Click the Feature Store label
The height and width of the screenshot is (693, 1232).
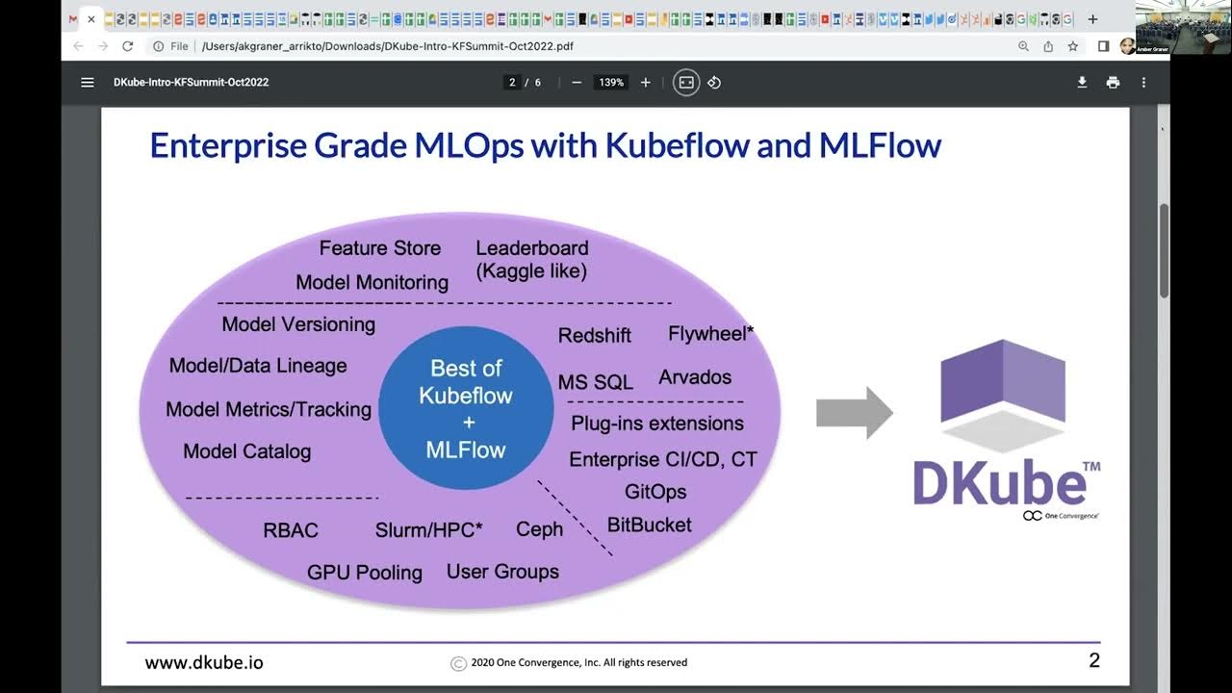(379, 248)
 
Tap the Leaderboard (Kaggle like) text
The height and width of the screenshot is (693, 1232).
(531, 260)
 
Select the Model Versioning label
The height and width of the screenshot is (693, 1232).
(298, 324)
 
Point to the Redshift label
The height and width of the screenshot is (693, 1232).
(595, 335)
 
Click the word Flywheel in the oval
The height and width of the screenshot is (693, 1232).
(707, 334)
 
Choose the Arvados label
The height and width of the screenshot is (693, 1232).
(695, 377)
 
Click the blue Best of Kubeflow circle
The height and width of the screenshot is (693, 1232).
(466, 408)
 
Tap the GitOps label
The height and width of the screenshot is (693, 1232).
(655, 492)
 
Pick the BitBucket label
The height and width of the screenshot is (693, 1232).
(649, 526)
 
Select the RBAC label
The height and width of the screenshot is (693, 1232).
(291, 530)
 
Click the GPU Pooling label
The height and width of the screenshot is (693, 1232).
(365, 573)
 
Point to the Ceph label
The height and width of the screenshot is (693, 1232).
(539, 529)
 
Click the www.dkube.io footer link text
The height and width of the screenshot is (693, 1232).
(204, 662)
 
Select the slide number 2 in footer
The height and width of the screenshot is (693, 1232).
(1093, 660)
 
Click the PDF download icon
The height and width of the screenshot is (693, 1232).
(1082, 83)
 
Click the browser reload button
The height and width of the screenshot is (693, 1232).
(128, 46)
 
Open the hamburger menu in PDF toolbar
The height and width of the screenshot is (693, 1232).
(88, 83)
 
